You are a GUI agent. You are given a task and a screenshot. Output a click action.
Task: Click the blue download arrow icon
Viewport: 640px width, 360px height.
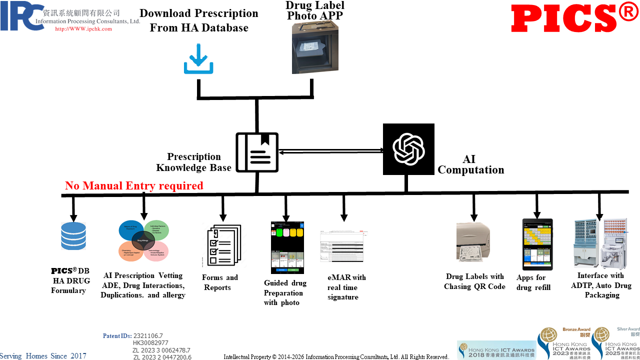pyautogui.click(x=198, y=59)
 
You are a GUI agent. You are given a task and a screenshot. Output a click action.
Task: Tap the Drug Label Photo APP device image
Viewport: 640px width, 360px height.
pyautogui.click(x=315, y=48)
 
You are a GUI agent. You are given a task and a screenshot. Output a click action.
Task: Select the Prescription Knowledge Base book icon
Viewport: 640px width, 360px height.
pyautogui.click(x=257, y=152)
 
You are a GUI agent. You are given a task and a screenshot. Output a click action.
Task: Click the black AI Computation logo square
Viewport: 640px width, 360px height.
pyautogui.click(x=408, y=149)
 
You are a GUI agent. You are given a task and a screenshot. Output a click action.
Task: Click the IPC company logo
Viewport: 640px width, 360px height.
pyautogui.click(x=22, y=16)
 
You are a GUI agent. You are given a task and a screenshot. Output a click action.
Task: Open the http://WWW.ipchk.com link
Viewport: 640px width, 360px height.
pyautogui.click(x=83, y=29)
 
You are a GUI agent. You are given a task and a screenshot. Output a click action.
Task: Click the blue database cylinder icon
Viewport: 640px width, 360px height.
pyautogui.click(x=73, y=236)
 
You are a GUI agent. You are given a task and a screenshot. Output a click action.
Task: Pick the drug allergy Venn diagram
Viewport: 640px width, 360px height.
pyautogui.click(x=143, y=240)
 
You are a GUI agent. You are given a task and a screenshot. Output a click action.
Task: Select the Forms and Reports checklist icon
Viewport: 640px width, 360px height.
pyautogui.click(x=223, y=245)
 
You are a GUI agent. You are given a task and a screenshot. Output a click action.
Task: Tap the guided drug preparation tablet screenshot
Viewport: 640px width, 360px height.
pyautogui.click(x=287, y=247)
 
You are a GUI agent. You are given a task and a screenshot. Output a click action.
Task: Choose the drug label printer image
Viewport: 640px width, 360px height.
pyautogui.click(x=473, y=242)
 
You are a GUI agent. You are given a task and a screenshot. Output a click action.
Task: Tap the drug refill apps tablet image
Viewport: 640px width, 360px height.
pyautogui.click(x=537, y=244)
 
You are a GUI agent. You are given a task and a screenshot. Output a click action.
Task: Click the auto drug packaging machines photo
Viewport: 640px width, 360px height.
pyautogui.click(x=599, y=243)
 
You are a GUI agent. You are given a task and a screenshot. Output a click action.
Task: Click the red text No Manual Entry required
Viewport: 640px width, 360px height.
pyautogui.click(x=134, y=186)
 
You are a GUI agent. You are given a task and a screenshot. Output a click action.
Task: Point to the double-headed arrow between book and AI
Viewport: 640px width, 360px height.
pyautogui.click(x=330, y=151)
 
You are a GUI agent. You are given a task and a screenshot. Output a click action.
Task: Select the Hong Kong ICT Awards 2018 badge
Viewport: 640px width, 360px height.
pyautogui.click(x=496, y=350)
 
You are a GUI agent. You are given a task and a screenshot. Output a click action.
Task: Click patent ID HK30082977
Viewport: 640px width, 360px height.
pyautogui.click(x=150, y=343)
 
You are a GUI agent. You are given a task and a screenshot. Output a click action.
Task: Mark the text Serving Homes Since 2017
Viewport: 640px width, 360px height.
pyautogui.click(x=43, y=356)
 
